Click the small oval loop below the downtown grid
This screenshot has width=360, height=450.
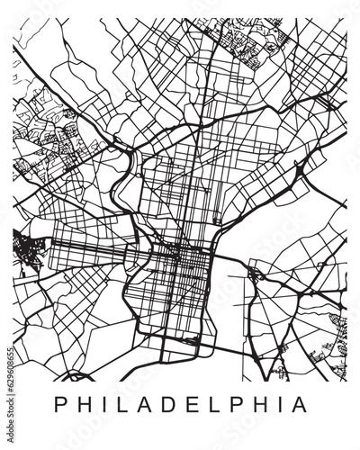[192, 341]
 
